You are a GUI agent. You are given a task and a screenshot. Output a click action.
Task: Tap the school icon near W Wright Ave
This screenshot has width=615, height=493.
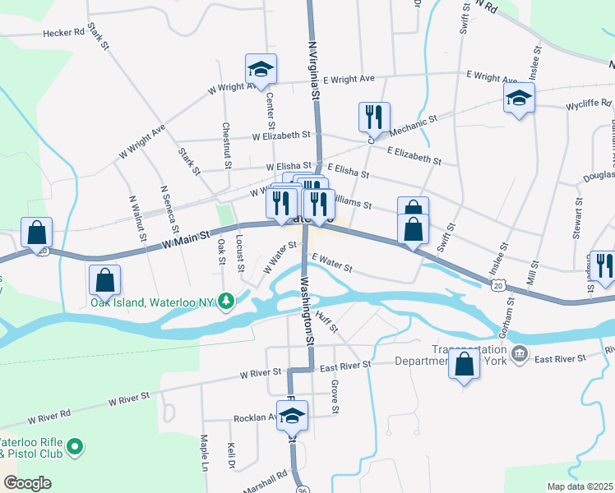point(261,70)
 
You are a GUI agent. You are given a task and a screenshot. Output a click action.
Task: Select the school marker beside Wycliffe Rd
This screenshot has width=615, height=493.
point(519,99)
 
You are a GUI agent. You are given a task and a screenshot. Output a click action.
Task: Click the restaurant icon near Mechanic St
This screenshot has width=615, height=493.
point(373,117)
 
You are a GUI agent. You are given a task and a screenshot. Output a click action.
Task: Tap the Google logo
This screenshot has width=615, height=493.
point(27,483)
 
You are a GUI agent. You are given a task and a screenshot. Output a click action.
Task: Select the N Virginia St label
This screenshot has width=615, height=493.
point(313,72)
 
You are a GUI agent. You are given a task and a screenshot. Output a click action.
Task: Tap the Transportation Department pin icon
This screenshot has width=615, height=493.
point(520,354)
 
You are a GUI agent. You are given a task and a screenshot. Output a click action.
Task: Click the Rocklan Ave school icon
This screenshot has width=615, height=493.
point(292,417)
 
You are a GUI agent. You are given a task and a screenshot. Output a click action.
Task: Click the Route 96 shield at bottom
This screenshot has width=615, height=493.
point(303,477)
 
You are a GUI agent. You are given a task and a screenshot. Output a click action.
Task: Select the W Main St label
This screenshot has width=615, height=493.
point(186,238)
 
